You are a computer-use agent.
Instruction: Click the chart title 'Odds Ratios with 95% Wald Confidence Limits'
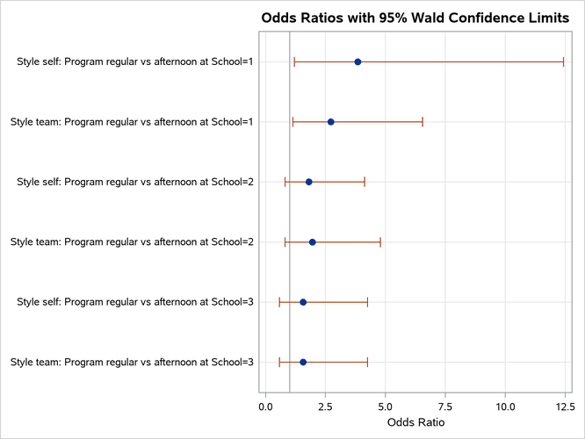click(415, 18)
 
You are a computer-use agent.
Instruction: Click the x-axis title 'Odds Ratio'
click(415, 423)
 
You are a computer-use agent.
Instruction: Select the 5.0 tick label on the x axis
click(386, 407)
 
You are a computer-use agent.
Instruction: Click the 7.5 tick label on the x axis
click(445, 407)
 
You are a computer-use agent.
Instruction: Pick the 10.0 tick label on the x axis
click(505, 407)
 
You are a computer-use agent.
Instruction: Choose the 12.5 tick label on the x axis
click(565, 407)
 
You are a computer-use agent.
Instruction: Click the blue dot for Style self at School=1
click(357, 61)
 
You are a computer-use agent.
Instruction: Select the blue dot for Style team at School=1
click(330, 121)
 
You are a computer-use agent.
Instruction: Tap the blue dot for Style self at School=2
click(308, 182)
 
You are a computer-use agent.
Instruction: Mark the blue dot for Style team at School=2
click(312, 241)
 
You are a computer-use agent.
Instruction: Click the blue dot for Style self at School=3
click(303, 302)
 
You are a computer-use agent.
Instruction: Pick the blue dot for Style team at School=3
click(303, 362)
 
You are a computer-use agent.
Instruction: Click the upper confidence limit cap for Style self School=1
click(563, 61)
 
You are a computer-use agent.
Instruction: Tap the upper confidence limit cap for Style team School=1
click(422, 121)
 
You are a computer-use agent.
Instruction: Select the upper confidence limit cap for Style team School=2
click(380, 241)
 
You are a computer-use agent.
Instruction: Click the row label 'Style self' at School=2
click(135, 182)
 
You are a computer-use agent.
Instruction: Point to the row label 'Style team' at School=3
click(132, 362)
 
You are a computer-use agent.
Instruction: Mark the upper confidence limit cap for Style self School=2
click(365, 182)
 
